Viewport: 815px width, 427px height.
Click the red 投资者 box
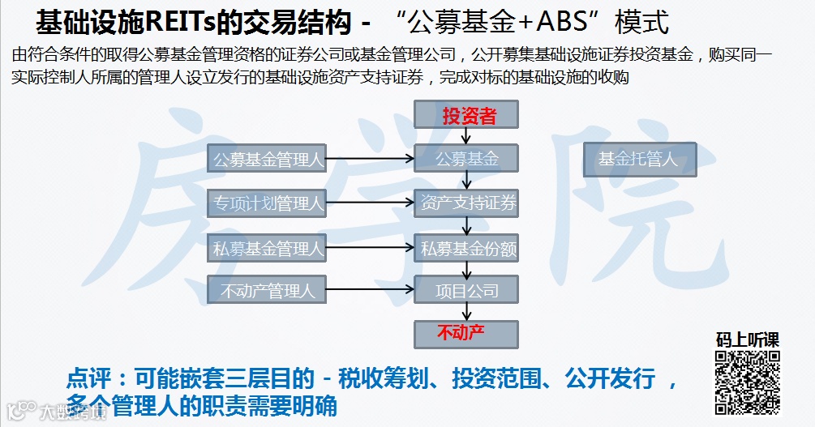click(x=467, y=116)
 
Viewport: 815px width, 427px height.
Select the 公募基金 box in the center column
click(x=467, y=159)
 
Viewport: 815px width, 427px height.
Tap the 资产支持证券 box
click(x=467, y=203)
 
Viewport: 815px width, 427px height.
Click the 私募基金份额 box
click(x=467, y=248)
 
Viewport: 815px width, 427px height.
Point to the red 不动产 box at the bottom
click(x=467, y=333)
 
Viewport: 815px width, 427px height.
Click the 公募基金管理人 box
click(x=267, y=159)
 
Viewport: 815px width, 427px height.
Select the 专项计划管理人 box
click(x=267, y=203)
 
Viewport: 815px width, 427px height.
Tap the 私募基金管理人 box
click(x=267, y=248)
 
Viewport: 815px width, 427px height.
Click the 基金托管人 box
click(x=639, y=159)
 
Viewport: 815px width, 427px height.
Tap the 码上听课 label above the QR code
click(x=747, y=340)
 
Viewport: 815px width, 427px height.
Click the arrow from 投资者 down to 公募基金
click(x=466, y=137)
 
